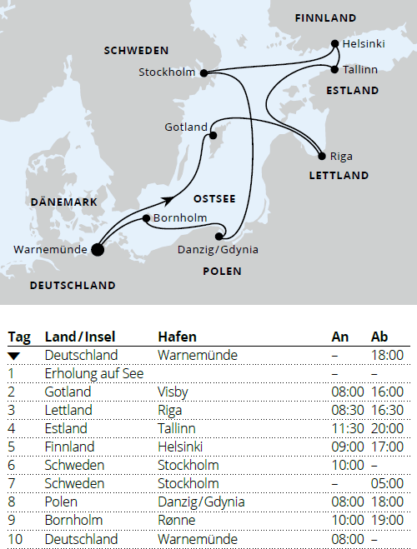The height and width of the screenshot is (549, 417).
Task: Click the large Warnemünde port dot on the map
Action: [97, 248]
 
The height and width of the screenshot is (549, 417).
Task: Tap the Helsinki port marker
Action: [335, 43]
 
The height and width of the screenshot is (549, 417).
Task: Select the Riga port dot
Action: [322, 156]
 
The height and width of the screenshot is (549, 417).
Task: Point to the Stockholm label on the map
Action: [167, 72]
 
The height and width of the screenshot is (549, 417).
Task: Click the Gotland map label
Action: [186, 127]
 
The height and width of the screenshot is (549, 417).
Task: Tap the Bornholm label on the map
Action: [179, 218]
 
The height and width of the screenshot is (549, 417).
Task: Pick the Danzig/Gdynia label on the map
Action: [218, 249]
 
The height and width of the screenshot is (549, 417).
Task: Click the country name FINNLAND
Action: [324, 17]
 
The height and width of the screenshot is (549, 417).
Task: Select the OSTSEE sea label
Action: [214, 199]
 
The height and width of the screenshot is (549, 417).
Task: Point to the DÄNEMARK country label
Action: [63, 202]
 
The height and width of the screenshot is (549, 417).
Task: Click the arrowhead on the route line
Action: [169, 200]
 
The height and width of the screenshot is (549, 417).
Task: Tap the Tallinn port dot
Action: [335, 69]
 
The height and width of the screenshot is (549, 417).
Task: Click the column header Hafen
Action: [177, 337]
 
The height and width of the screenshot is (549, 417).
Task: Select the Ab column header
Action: [379, 337]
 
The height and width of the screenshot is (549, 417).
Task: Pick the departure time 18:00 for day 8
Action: [387, 502]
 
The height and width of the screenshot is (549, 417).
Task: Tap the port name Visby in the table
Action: [173, 392]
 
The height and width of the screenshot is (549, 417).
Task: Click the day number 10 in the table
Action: [16, 538]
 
